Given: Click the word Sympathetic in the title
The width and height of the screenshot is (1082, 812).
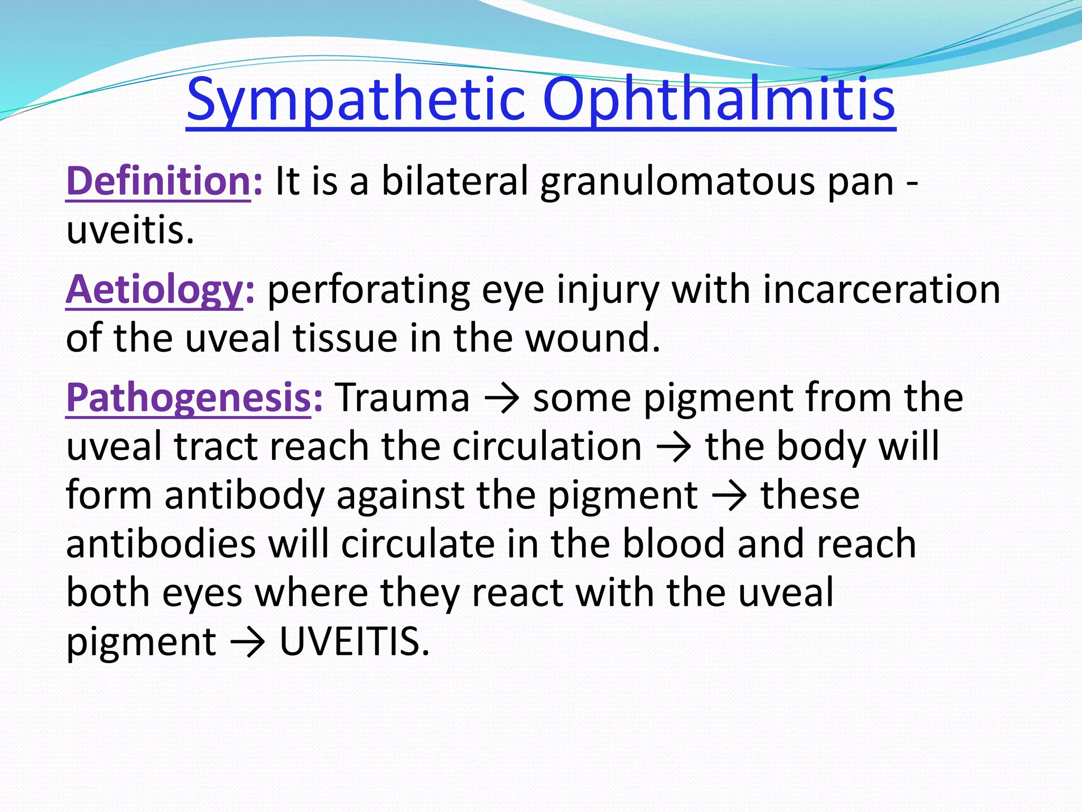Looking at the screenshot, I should (x=356, y=100).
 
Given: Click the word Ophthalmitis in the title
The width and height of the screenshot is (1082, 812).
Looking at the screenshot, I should (x=719, y=100).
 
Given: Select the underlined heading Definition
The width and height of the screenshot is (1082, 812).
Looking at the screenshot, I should (x=158, y=181).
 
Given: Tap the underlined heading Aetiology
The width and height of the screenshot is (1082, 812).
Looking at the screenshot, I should (x=154, y=290).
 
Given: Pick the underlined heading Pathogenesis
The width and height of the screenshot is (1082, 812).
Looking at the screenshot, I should (x=188, y=398).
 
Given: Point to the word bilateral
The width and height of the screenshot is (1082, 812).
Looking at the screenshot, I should (x=455, y=181).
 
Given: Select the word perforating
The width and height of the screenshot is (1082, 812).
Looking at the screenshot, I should (x=368, y=291).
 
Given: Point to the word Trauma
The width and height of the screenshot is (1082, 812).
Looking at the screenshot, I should (x=402, y=398).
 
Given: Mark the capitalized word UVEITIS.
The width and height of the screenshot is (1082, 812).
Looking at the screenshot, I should (x=354, y=642).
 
